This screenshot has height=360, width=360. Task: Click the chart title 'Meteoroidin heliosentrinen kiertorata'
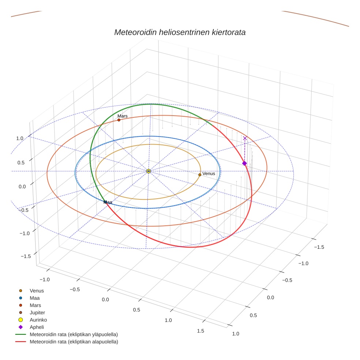180,32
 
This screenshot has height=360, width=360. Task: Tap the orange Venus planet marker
200,175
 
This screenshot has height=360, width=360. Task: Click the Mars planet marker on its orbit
119,120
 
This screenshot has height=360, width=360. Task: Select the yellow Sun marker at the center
149,171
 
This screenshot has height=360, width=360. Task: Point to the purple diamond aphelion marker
244,163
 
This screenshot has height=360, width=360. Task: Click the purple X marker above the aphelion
245,138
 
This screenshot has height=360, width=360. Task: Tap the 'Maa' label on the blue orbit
108,202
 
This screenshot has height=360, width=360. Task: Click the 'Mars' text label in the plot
122,116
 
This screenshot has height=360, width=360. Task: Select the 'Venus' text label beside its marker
209,174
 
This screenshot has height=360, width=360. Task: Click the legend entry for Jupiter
37,312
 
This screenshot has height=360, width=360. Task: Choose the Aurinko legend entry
38,320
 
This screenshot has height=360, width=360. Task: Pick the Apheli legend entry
37,327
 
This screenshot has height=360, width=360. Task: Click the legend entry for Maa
34,298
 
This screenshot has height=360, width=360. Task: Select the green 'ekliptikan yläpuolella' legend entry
74,334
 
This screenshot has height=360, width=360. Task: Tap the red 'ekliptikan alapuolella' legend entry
74,342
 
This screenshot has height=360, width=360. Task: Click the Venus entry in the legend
37,290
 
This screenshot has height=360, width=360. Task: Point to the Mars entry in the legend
35,305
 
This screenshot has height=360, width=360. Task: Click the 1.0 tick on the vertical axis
20,138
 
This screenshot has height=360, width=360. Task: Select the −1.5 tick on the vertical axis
25,256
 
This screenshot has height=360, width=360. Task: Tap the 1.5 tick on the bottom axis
201,331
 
